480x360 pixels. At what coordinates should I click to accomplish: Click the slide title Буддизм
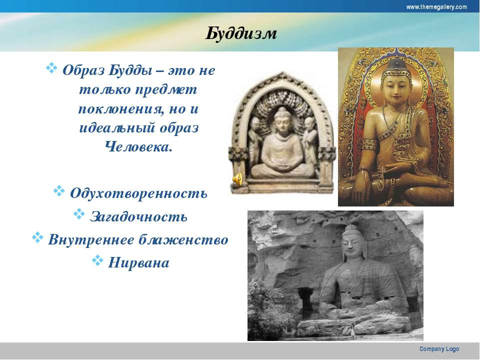coord(241,33)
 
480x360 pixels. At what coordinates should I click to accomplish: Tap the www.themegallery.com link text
coord(436,6)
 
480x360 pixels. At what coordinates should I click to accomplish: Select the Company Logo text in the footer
coord(439,349)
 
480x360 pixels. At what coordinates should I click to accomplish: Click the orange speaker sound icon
coord(237,179)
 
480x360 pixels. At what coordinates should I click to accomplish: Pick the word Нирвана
coord(138,262)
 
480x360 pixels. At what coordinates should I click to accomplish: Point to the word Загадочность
coord(138,216)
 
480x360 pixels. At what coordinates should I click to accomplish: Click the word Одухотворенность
coord(138,193)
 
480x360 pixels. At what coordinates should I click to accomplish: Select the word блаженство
coord(183,239)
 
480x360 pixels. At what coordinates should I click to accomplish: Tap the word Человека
coord(138,147)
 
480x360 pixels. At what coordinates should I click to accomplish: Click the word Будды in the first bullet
coord(130,70)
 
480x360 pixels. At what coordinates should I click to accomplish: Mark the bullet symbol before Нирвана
coord(97,260)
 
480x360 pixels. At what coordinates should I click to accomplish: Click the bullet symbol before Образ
coord(51,67)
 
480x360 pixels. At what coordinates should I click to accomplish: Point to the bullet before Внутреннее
coord(37,237)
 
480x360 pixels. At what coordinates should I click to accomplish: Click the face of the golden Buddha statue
coord(396,86)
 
